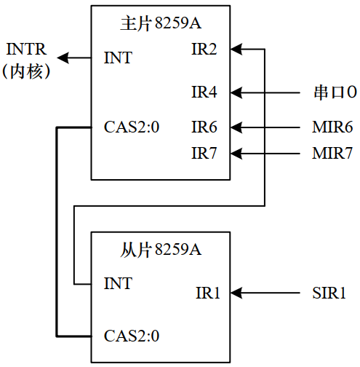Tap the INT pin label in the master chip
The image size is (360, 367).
pos(119,57)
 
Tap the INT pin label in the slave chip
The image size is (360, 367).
pos(119,283)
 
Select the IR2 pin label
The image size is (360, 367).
pos(204,50)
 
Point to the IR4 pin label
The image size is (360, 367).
pos(204,92)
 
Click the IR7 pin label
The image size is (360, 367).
pos(204,153)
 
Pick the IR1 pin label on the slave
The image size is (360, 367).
pos(207,293)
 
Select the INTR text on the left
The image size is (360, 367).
pos(27,50)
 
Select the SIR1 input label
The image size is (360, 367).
pos(328,293)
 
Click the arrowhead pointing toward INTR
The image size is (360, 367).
pos(64,57)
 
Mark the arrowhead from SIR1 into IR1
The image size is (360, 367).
pos(236,293)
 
